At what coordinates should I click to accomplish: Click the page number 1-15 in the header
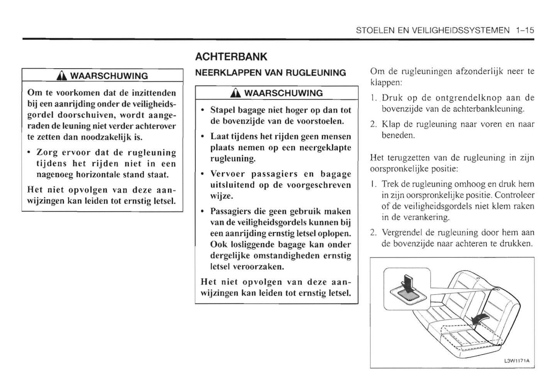(x=524, y=30)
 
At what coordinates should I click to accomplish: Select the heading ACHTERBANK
(x=231, y=57)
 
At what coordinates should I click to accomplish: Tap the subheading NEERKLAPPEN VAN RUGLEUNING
(x=270, y=73)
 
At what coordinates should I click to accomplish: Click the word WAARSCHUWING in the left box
(x=109, y=76)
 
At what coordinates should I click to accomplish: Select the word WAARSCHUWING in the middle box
(x=283, y=93)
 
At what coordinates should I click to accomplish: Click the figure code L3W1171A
(x=517, y=361)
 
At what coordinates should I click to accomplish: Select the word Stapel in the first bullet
(x=222, y=110)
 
